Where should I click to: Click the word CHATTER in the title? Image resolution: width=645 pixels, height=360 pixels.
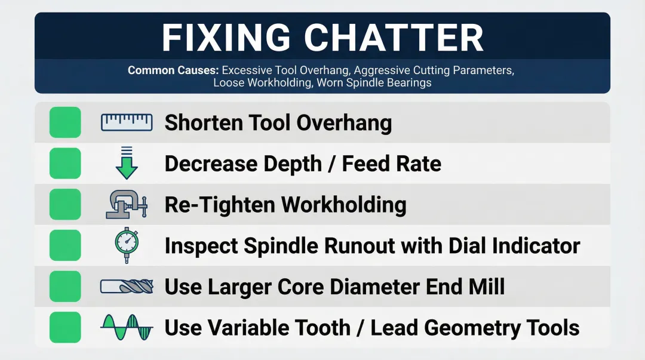[x=394, y=38]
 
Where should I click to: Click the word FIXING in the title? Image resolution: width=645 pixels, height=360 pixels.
[x=228, y=38]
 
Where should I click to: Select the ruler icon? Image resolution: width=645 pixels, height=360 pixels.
[x=126, y=122]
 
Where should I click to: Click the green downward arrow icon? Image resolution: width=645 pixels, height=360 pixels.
[x=126, y=163]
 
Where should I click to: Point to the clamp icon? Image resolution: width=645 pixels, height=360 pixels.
[x=126, y=204]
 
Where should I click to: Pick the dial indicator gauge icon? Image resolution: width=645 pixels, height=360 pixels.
[x=126, y=245]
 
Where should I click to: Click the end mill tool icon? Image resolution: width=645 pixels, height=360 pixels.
[x=126, y=287]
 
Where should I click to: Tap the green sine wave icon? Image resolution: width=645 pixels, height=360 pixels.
[x=126, y=327]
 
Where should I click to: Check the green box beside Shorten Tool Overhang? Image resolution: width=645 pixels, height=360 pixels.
[x=64, y=122]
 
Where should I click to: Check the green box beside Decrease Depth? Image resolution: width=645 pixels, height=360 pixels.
[x=64, y=163]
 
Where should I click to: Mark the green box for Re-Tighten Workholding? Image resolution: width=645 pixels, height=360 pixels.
[x=64, y=204]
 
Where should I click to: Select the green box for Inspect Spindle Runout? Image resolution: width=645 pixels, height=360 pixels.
[x=64, y=245]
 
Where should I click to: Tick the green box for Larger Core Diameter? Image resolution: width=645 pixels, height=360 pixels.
[x=64, y=287]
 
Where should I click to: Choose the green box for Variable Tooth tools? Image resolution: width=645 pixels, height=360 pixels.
[x=64, y=327]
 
